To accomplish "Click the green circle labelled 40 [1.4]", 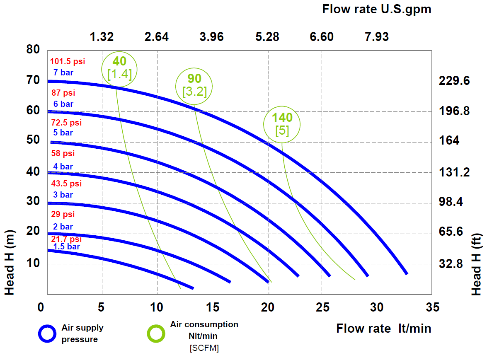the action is pyautogui.click(x=102, y=69).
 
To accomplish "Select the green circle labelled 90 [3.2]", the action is pyautogui.click(x=176, y=86).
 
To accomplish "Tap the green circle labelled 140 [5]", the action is pyautogui.click(x=264, y=124).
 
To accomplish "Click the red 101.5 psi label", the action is pyautogui.click(x=68, y=61).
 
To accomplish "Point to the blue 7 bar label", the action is pyautogui.click(x=63, y=72).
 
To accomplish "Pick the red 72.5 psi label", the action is pyautogui.click(x=66, y=122).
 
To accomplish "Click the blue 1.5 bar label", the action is pyautogui.click(x=66, y=246).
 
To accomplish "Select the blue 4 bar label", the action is pyautogui.click(x=63, y=167).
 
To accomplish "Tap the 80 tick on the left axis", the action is pyautogui.click(x=33, y=49).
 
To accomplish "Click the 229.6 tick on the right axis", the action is pyautogui.click(x=454, y=81).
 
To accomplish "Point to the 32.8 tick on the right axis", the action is pyautogui.click(x=451, y=264).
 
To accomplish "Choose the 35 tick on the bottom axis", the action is pyautogui.click(x=433, y=307).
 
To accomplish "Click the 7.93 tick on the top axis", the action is pyautogui.click(x=376, y=36).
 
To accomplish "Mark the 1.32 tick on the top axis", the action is pyautogui.click(x=102, y=36).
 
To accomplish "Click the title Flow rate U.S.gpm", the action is pyautogui.click(x=377, y=9).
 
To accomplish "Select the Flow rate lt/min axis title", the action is pyautogui.click(x=383, y=329).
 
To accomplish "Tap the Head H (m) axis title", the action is pyautogui.click(x=9, y=263).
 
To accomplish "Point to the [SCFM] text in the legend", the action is pyautogui.click(x=204, y=348).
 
